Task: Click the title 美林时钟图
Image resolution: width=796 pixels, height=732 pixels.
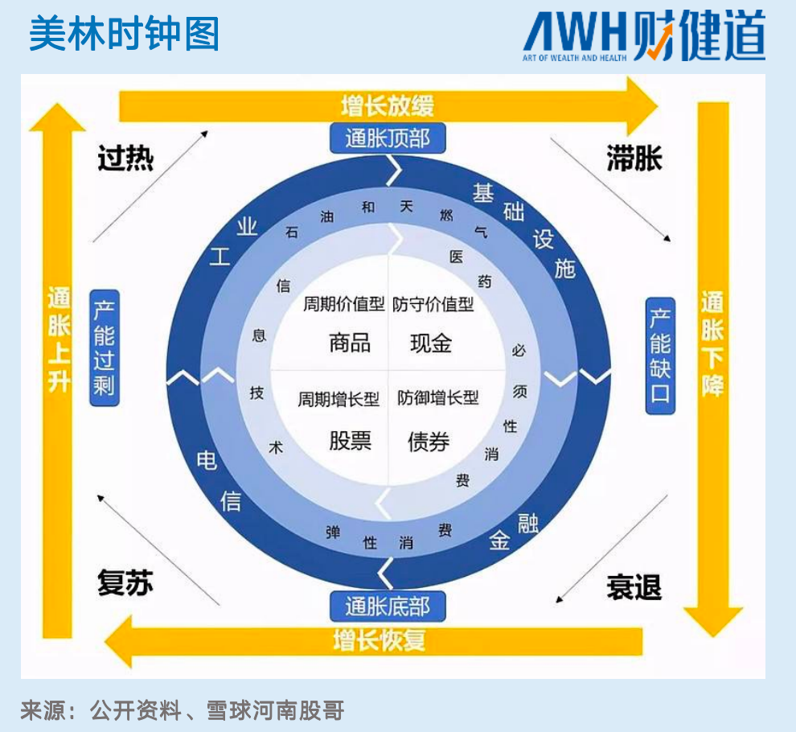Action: click(x=124, y=34)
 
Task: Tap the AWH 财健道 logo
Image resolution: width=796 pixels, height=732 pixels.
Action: click(x=643, y=37)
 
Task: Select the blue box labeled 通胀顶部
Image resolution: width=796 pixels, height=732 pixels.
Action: click(x=388, y=139)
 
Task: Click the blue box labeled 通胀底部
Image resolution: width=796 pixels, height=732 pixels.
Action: click(x=388, y=606)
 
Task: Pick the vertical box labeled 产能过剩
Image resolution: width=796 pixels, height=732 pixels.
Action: click(x=104, y=347)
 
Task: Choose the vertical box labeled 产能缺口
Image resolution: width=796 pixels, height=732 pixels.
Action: click(x=660, y=355)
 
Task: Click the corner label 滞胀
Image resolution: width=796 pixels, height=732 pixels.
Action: click(x=634, y=158)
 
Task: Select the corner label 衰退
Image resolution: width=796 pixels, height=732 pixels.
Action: click(x=634, y=587)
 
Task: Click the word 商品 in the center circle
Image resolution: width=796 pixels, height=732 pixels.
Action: click(x=350, y=343)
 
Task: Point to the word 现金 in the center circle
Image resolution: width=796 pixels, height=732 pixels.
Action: click(x=431, y=343)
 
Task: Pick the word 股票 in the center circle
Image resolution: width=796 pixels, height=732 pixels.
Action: click(x=350, y=441)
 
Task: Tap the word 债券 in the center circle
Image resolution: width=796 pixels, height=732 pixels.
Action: click(x=429, y=442)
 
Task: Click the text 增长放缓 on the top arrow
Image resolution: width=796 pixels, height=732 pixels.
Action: click(x=388, y=105)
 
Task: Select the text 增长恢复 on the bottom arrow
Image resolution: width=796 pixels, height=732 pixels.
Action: click(x=379, y=640)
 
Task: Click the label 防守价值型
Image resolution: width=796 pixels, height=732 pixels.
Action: click(x=433, y=304)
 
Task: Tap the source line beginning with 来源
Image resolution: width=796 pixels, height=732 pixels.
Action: click(x=183, y=710)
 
